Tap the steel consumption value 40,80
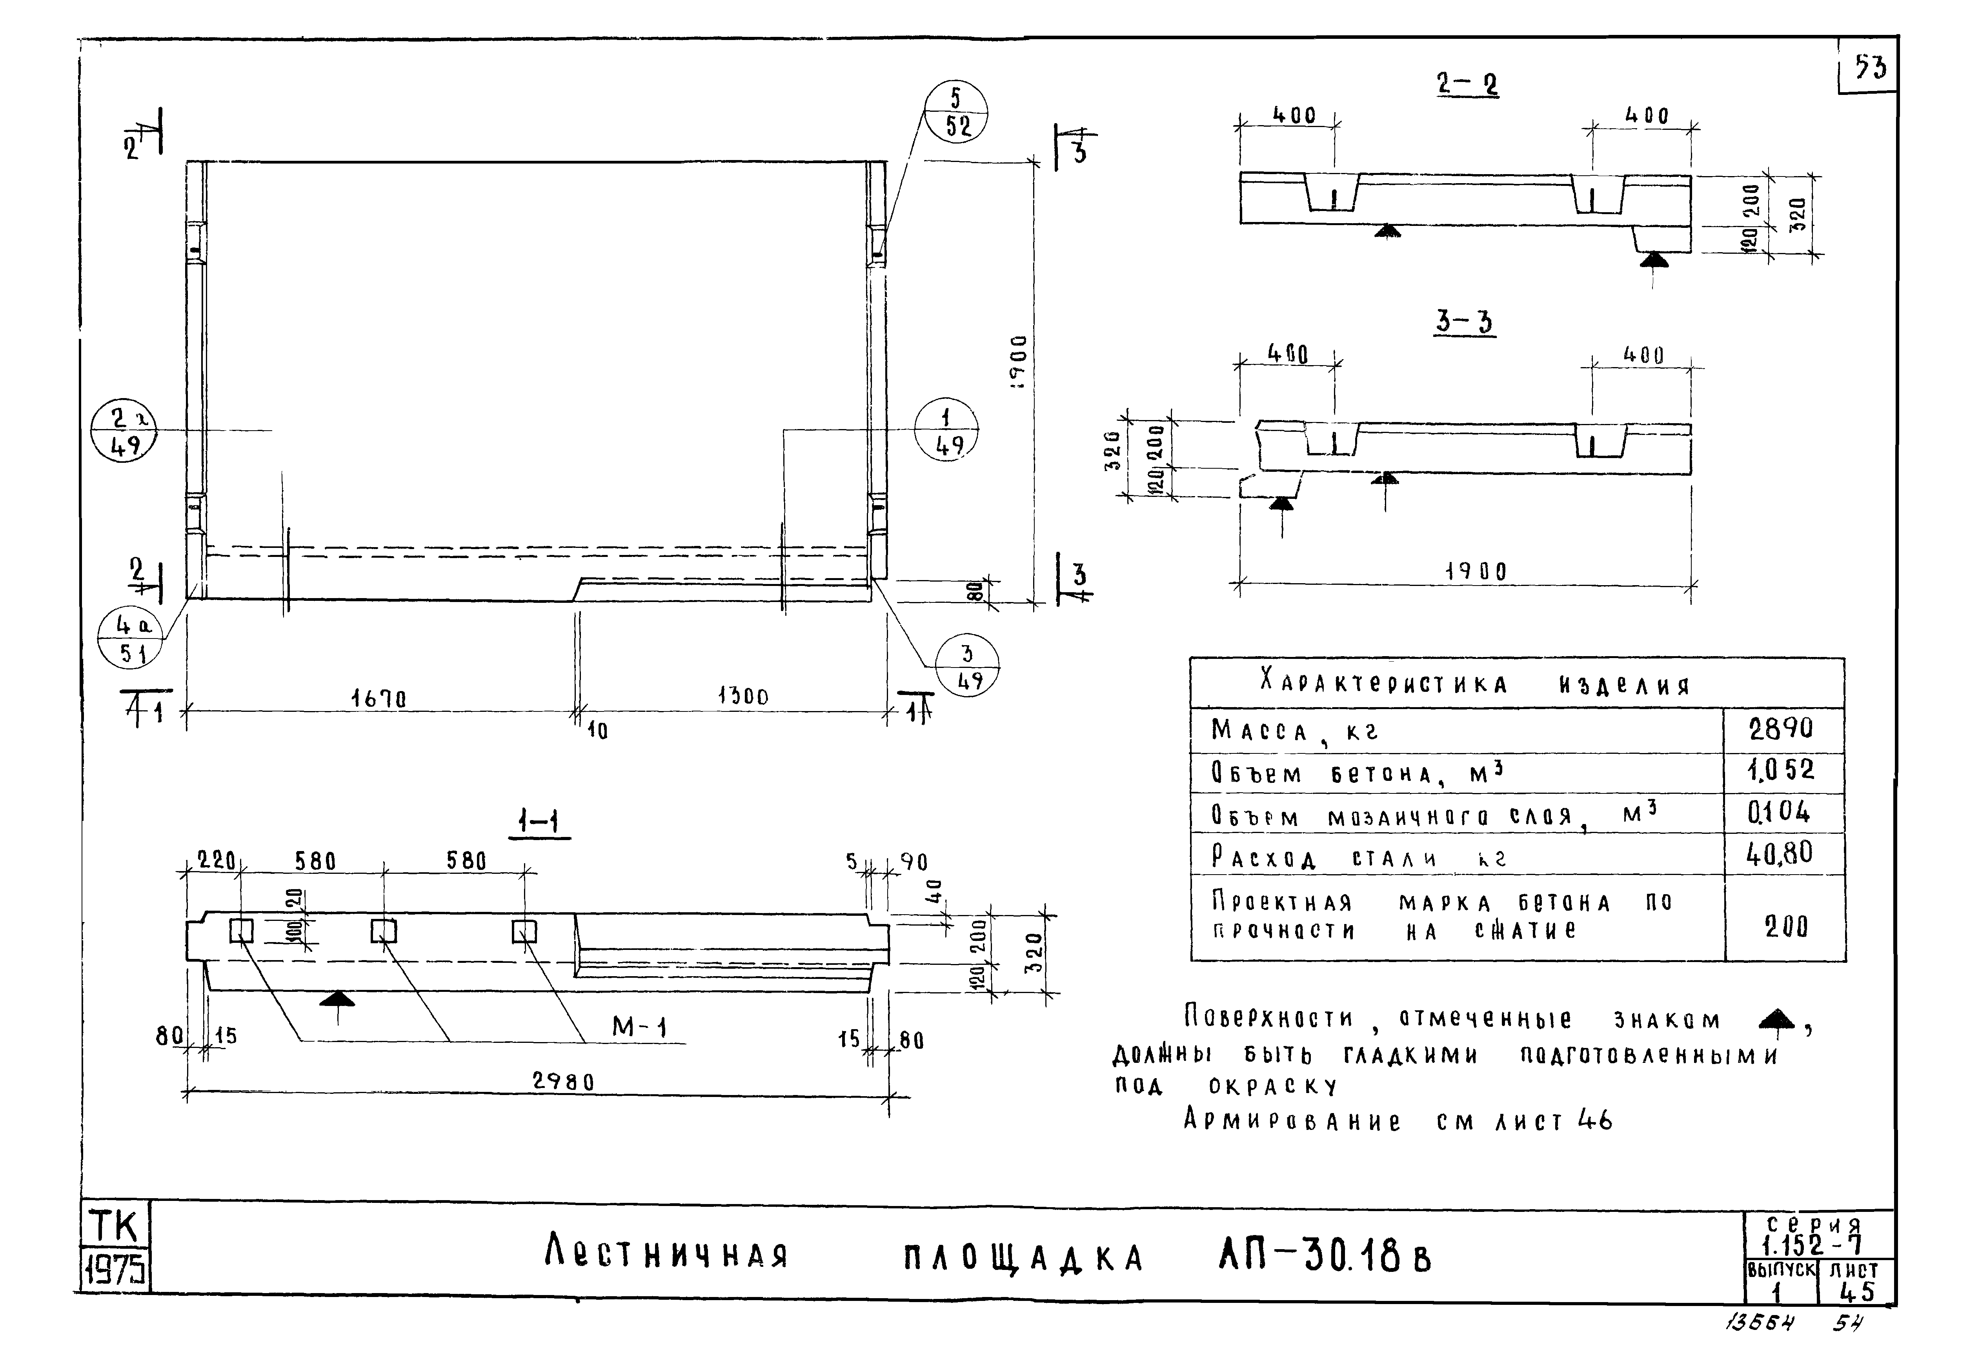pyautogui.click(x=1780, y=853)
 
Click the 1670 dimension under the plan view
pyautogui.click(x=379, y=698)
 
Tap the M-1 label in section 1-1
pyautogui.click(x=639, y=1028)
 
